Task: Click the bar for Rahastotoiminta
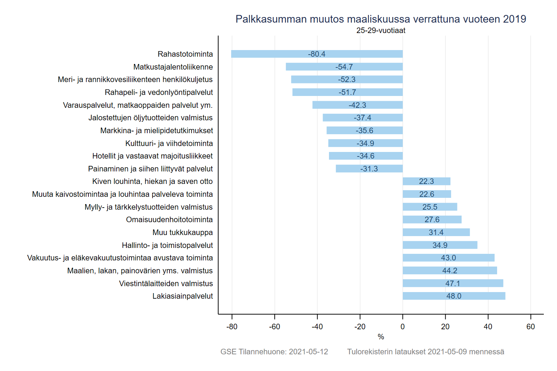[x=272, y=54]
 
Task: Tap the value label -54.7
[x=344, y=67]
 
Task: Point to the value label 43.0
[x=448, y=258]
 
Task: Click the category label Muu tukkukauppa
[x=182, y=232]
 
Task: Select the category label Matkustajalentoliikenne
[x=173, y=67]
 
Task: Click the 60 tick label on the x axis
[x=531, y=326]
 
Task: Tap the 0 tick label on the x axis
[x=403, y=326]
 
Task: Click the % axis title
[x=381, y=337]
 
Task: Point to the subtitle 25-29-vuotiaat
[x=381, y=30]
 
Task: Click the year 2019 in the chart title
[x=514, y=19]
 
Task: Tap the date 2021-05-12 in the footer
[x=308, y=352]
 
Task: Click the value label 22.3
[x=426, y=181]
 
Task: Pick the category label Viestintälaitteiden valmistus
[x=166, y=283]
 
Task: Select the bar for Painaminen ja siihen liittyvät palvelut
[x=348, y=169]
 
